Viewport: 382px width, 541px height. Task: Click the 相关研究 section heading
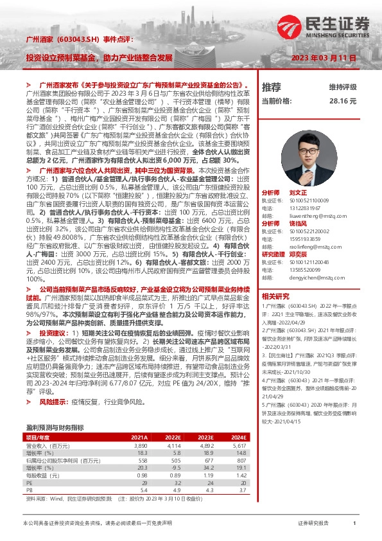point(276,296)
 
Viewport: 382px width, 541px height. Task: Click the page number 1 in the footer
point(354,524)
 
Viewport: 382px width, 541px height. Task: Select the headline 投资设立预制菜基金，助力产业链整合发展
point(100,57)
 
